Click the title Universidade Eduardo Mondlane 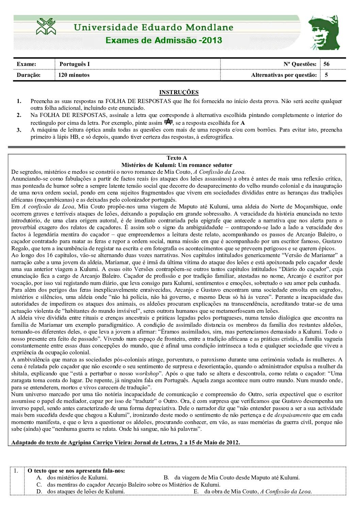point(153,27)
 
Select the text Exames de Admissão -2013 point(164,40)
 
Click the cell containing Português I point(75,64)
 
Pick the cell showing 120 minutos point(74,75)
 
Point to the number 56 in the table point(327,64)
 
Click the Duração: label point(29,75)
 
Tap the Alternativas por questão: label point(284,75)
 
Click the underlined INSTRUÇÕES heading point(179,92)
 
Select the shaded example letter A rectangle point(168,122)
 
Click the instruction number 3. point(19,130)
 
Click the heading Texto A point(177,158)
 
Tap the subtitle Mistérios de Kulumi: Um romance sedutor point(177,165)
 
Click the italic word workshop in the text point(147,373)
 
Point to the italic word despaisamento point(292,415)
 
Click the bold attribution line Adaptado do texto point(125,442)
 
